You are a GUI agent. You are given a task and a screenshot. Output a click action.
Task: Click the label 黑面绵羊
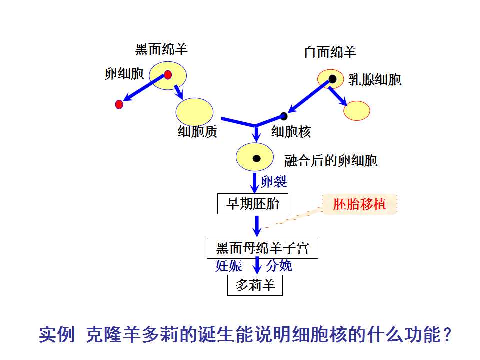coord(161,49)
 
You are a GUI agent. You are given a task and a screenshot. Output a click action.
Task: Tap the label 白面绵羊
coord(330,52)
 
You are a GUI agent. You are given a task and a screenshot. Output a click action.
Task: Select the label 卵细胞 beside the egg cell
coord(124,74)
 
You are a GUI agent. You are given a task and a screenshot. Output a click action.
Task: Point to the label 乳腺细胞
coord(375,80)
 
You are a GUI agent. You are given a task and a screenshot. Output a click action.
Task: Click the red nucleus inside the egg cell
coord(168,75)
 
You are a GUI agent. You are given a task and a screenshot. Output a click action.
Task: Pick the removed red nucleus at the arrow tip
coord(119,104)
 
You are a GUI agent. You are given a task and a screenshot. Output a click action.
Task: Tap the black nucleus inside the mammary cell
coord(333,79)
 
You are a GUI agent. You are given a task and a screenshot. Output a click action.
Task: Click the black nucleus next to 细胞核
coord(284,116)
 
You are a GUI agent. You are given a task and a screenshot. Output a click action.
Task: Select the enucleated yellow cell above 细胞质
coord(194,112)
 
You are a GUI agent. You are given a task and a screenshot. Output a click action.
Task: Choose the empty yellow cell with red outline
coord(357,111)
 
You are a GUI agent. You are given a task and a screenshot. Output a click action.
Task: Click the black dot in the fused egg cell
coord(257,158)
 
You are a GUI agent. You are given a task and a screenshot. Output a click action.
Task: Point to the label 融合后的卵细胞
coord(331,161)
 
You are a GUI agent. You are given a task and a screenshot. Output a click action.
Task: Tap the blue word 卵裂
coord(274,182)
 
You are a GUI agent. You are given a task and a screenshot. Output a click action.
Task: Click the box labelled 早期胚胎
coord(253,204)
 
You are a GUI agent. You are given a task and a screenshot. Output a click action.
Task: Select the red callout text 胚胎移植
coord(359,204)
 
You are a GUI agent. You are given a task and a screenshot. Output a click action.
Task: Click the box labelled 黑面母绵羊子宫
coord(262,248)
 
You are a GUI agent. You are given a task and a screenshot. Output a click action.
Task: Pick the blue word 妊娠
coord(229,266)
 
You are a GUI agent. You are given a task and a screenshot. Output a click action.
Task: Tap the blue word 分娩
coord(279,266)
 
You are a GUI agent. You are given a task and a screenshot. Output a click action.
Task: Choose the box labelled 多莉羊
coord(255,285)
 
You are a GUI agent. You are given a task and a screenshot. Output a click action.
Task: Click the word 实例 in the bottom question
coord(57,334)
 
